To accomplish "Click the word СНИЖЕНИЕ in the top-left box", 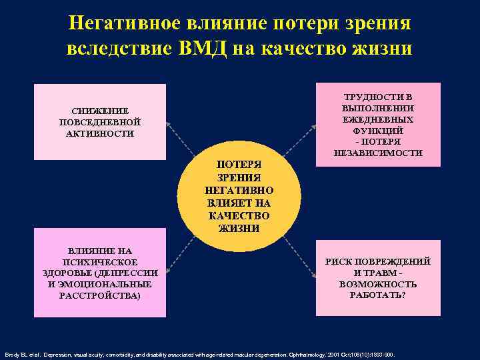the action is [x=100, y=111].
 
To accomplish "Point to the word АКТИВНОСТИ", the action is [x=100, y=133].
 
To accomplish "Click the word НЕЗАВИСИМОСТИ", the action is [x=377, y=153].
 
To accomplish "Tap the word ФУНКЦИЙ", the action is [x=377, y=131].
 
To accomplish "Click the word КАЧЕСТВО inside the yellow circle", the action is [x=239, y=215].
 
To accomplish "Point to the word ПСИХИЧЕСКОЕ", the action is [x=100, y=262].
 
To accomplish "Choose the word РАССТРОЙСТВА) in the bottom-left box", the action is [x=100, y=295].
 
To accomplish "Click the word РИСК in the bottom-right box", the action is [x=339, y=261].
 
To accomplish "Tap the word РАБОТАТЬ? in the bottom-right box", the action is [x=377, y=295].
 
